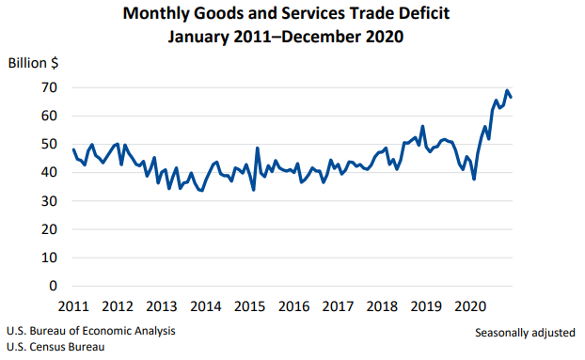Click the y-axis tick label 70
(48, 87)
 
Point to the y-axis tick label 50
(48, 144)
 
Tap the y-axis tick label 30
(48, 201)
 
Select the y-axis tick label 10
(48, 258)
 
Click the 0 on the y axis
(53, 286)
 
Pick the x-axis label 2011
(72, 306)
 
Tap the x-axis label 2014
(205, 306)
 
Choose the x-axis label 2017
(338, 306)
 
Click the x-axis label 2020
(470, 306)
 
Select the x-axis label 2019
(426, 306)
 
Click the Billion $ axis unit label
(34, 63)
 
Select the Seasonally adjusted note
(525, 333)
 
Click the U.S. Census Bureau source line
(55, 347)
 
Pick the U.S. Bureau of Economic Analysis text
(90, 332)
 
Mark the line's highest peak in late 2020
(508, 91)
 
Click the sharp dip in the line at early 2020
(474, 179)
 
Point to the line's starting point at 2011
(73, 149)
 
